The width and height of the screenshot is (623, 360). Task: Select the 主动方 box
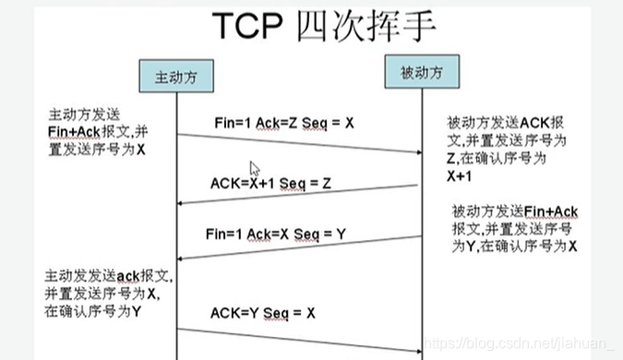click(175, 78)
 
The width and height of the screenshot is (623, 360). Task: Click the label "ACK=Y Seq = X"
click(263, 312)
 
